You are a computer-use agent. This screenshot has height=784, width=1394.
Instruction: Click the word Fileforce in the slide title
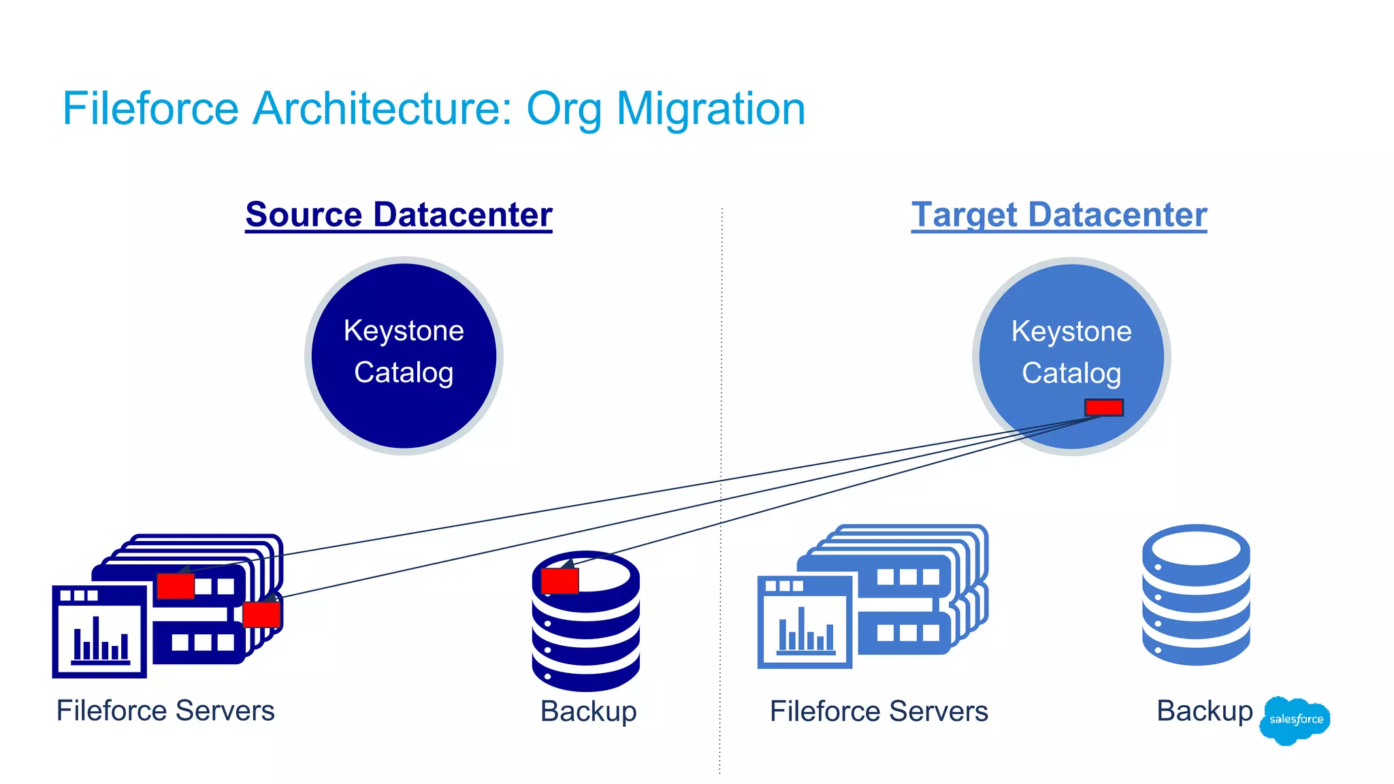tap(150, 109)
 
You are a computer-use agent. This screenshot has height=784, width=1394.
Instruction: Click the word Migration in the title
tap(711, 109)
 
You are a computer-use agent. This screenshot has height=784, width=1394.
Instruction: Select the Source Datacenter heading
tap(399, 215)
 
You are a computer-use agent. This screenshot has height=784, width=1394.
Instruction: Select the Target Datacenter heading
tap(1059, 215)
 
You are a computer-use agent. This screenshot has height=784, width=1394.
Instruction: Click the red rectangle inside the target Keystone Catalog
tap(1103, 407)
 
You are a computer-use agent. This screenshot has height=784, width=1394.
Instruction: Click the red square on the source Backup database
tap(560, 581)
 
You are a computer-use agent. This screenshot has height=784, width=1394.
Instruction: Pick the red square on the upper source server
tap(176, 586)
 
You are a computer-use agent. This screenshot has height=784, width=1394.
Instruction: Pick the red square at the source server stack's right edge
tap(261, 615)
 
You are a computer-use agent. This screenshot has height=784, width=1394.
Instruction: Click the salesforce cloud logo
tap(1295, 719)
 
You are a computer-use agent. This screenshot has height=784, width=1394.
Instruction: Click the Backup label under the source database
tap(588, 712)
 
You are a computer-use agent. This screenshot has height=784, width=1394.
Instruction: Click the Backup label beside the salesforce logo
tap(1204, 711)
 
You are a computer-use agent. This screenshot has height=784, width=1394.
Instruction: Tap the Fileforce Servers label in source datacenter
tap(165, 711)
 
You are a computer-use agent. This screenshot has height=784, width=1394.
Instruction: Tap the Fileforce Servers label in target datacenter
tap(879, 712)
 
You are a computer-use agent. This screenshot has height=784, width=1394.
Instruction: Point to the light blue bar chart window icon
tap(805, 622)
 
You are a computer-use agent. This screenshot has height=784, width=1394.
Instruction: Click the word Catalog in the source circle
tap(404, 373)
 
